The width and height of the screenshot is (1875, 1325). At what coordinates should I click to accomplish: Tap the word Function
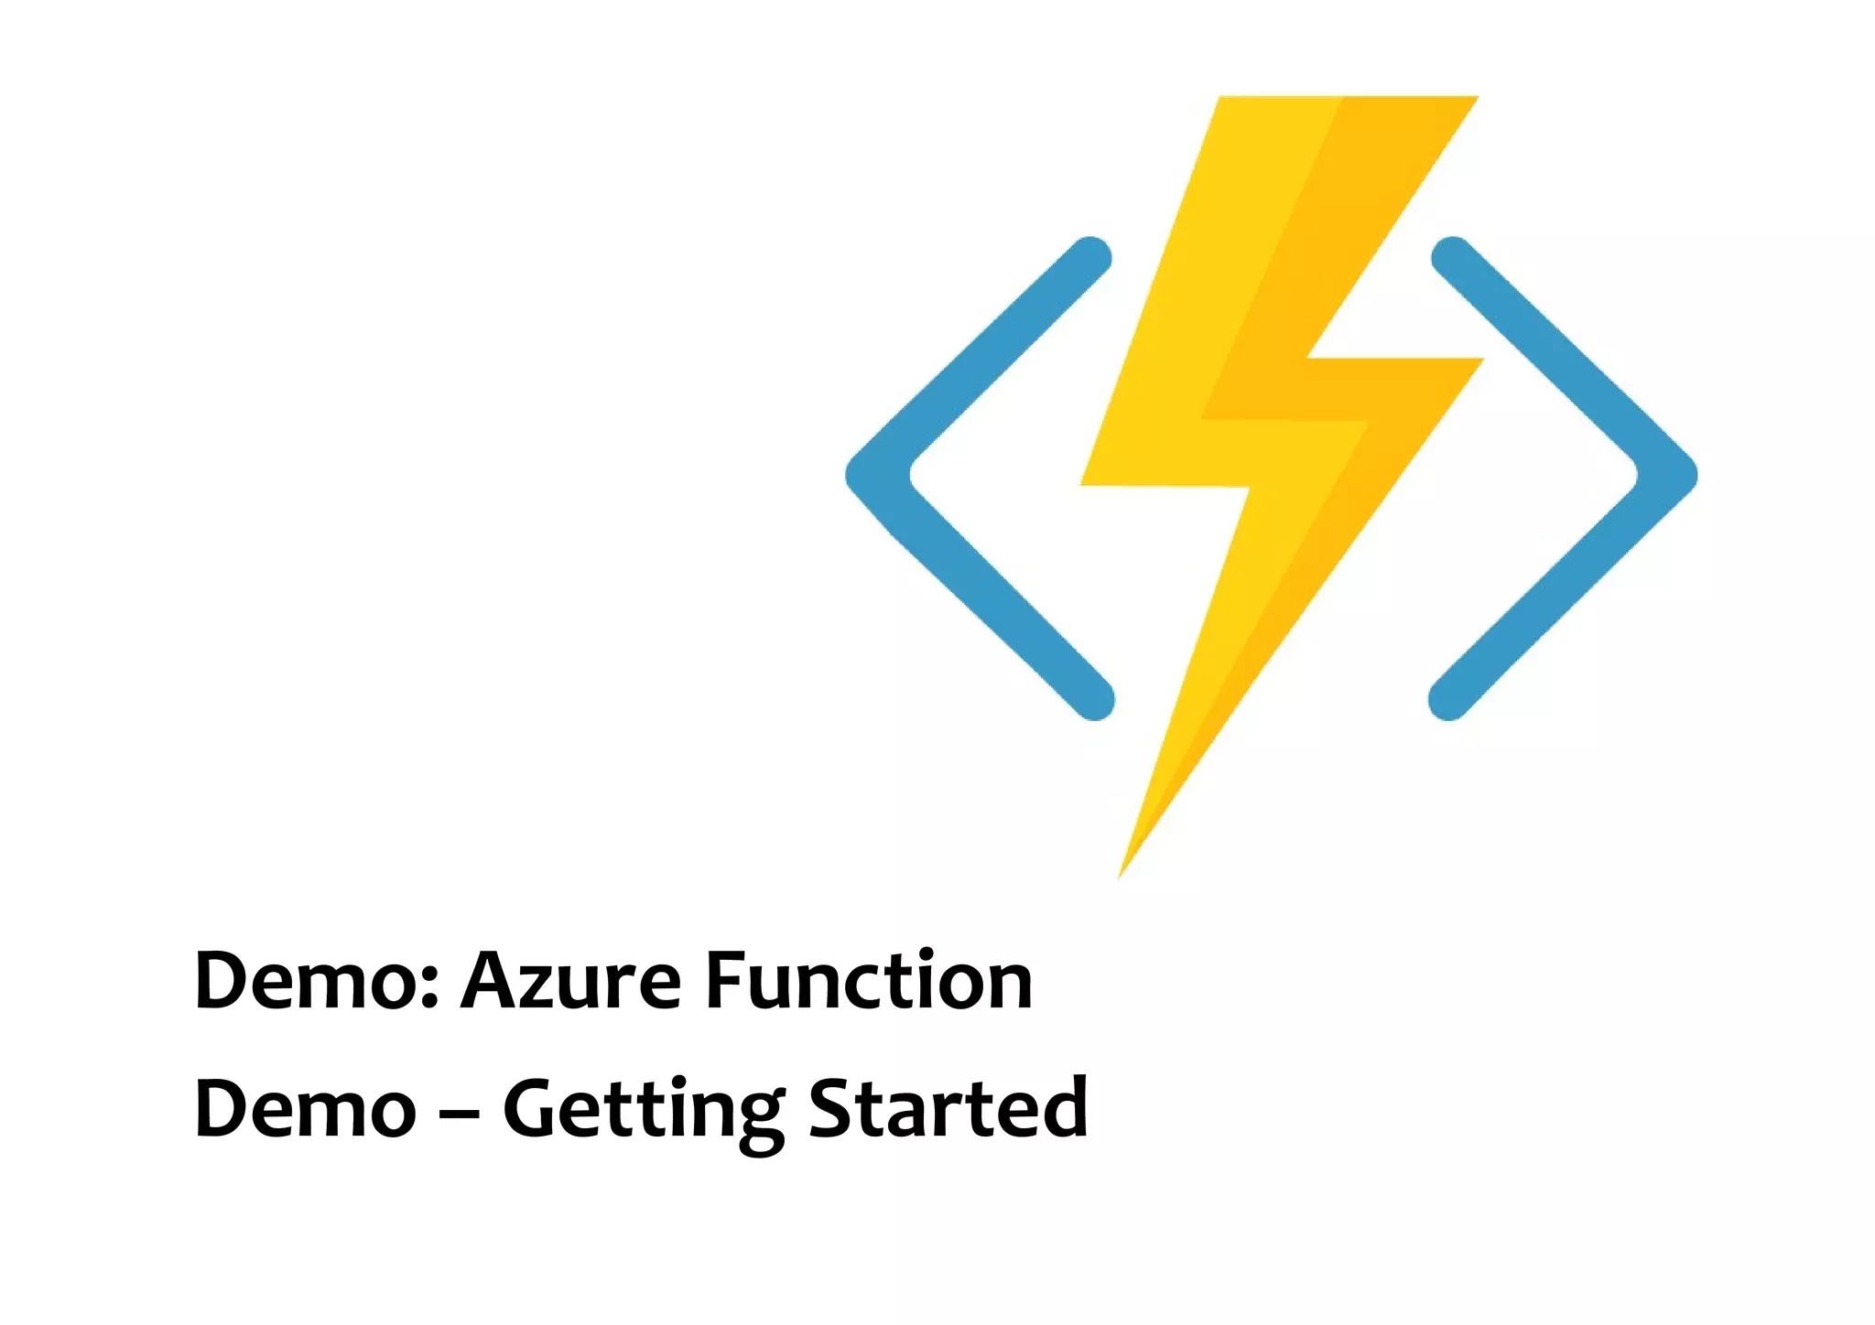coord(869,981)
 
